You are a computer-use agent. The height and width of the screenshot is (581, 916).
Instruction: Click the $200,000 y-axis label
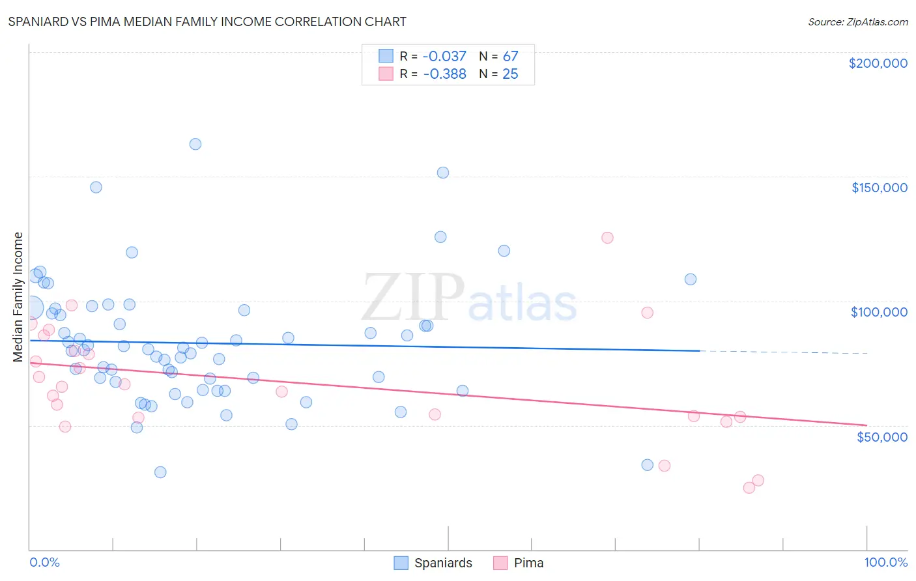click(x=878, y=63)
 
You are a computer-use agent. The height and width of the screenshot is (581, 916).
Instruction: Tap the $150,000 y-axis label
click(x=879, y=188)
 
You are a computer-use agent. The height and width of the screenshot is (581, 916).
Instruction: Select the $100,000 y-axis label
click(x=879, y=312)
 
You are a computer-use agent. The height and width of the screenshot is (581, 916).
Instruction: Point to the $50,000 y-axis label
click(x=881, y=436)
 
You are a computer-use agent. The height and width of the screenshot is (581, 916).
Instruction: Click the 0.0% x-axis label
click(x=44, y=562)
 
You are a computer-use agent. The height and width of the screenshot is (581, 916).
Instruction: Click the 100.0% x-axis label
click(x=885, y=562)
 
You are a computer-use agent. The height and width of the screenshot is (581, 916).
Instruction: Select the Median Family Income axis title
click(x=18, y=297)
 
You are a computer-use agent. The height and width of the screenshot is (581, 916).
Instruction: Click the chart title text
click(x=207, y=21)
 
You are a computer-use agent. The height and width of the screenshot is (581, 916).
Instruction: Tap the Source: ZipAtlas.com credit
click(x=857, y=21)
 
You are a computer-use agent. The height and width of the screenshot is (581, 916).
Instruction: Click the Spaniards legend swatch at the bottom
click(x=401, y=563)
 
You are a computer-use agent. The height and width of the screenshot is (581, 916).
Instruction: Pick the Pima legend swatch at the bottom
click(x=500, y=563)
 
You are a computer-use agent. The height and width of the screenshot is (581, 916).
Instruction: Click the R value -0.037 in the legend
click(x=444, y=57)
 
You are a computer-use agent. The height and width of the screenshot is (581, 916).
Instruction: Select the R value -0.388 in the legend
click(x=444, y=74)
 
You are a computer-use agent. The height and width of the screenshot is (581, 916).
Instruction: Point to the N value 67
click(x=510, y=57)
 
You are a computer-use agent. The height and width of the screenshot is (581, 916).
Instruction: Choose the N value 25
click(x=510, y=74)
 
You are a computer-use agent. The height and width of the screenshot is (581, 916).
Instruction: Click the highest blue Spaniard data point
click(x=195, y=144)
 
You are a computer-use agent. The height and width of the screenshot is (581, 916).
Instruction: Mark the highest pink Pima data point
click(x=607, y=238)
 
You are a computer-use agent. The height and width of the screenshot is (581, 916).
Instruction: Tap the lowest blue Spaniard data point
click(x=160, y=472)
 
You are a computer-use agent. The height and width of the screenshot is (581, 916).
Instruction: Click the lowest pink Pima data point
click(x=749, y=488)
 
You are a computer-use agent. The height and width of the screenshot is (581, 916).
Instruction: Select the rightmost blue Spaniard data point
click(x=691, y=279)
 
